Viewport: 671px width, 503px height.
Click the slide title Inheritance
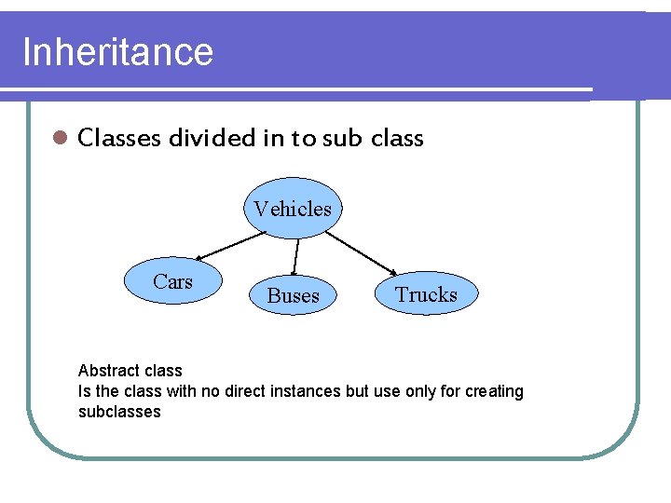tap(117, 52)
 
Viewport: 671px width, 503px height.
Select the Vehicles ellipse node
tap(293, 209)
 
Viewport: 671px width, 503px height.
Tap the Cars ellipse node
tap(172, 282)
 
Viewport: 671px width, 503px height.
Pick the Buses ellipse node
tap(293, 295)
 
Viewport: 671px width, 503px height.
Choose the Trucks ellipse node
tap(426, 294)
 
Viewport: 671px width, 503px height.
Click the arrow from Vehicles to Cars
tap(230, 245)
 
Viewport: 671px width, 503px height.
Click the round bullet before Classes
tap(59, 139)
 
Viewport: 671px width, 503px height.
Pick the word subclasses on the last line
tap(119, 412)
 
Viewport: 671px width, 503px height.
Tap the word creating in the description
tap(495, 391)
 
